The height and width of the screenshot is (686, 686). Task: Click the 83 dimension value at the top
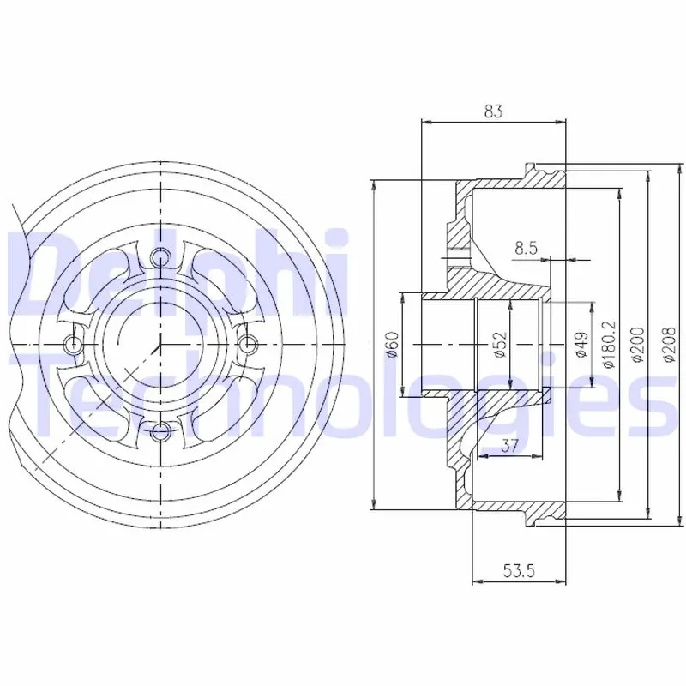[494, 111]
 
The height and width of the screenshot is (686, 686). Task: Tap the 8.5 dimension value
[526, 249]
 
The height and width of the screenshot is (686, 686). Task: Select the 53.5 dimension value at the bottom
[519, 570]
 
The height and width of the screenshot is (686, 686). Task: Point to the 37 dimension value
[509, 446]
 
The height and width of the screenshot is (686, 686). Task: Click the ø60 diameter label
[393, 345]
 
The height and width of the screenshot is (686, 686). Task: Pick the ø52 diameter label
[500, 345]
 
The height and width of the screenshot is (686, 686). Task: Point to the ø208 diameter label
[670, 345]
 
